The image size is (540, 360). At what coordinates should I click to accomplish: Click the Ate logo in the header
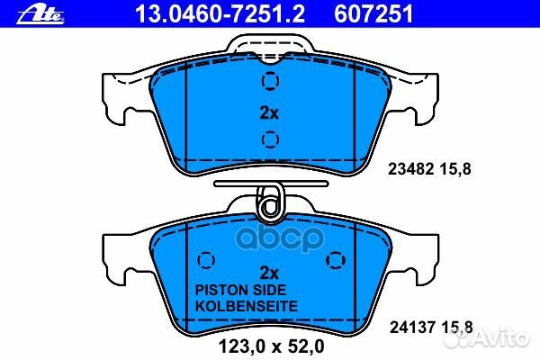click(x=40, y=15)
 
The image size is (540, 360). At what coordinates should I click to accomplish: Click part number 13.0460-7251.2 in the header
click(x=220, y=14)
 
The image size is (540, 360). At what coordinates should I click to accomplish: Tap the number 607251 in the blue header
click(x=373, y=14)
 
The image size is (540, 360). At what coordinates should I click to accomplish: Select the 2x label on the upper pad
click(x=269, y=112)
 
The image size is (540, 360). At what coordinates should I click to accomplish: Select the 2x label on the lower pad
click(x=269, y=273)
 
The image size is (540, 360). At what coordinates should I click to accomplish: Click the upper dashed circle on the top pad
click(x=270, y=81)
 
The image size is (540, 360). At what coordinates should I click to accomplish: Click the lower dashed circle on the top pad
click(x=270, y=139)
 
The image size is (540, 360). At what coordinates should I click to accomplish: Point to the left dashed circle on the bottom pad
click(x=206, y=260)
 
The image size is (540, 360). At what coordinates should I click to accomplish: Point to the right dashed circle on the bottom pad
click(x=336, y=260)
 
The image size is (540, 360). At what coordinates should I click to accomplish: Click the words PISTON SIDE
click(x=240, y=290)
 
